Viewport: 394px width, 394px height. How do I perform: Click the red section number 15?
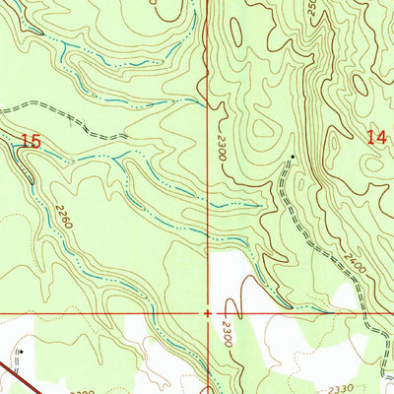[x=31, y=142]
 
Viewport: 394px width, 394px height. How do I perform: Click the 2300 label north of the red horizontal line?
[x=229, y=149]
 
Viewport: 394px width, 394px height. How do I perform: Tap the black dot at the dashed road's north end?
[x=292, y=156]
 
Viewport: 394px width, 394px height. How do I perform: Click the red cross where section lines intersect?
[x=207, y=312]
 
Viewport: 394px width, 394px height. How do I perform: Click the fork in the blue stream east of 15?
[x=115, y=158]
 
